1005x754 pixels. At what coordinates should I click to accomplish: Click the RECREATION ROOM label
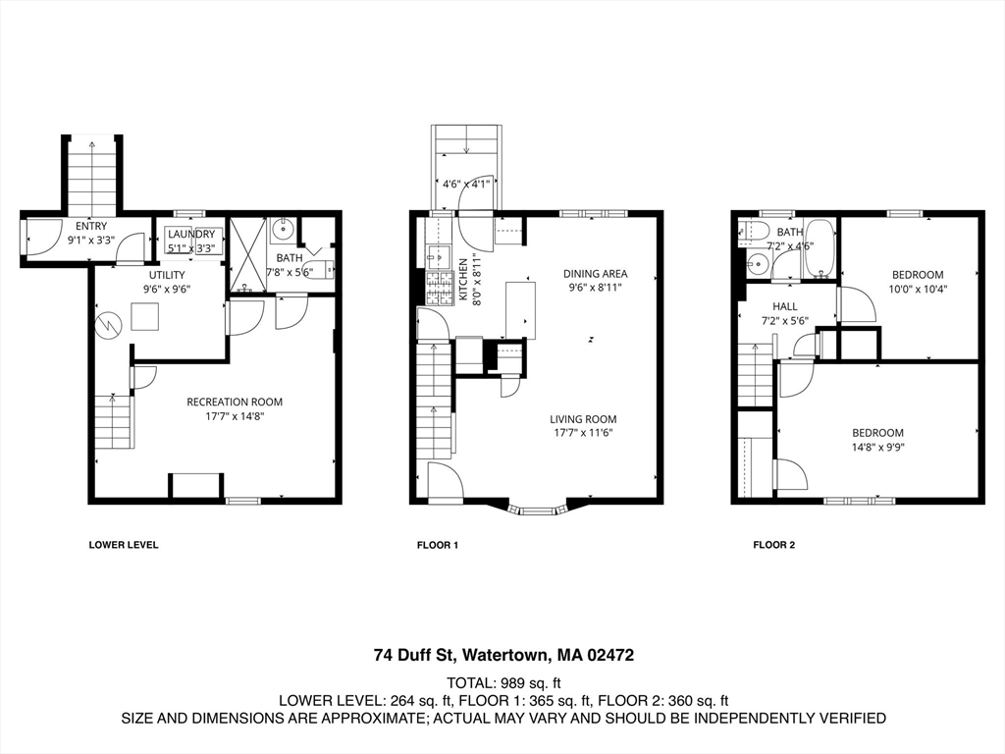pos(235,402)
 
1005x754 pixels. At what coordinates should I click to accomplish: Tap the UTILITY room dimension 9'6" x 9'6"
pos(166,290)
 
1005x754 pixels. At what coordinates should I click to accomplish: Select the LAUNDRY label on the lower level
pos(191,234)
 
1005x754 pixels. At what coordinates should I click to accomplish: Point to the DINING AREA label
pos(595,274)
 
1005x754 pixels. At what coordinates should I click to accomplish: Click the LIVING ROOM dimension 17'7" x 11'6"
pos(583,433)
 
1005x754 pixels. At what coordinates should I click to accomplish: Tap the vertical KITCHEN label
pos(464,280)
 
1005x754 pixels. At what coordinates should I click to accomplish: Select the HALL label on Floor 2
pos(785,306)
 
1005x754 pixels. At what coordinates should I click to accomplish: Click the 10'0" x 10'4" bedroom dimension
pos(917,289)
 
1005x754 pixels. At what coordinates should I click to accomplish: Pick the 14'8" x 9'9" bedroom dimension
pos(877,447)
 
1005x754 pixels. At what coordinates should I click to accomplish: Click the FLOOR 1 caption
pos(438,545)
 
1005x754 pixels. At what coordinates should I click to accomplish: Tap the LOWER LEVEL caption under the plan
pos(124,545)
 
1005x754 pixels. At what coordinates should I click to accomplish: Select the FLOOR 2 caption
pos(773,545)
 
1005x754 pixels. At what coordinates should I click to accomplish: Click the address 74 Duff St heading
pos(502,655)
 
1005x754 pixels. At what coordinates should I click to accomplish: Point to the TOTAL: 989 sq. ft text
pos(502,682)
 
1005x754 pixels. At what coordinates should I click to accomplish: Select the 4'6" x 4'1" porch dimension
pos(466,183)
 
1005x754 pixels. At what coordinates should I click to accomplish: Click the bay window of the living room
pos(536,510)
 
